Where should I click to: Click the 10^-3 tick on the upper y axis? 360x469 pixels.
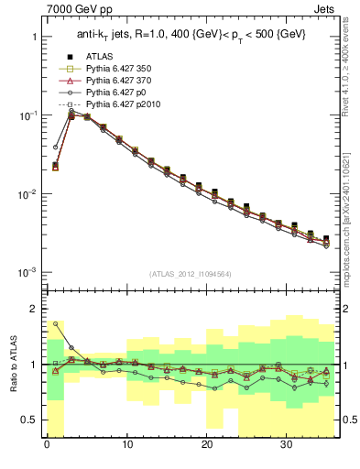(27, 273)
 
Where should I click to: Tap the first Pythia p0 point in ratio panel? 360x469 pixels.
(55, 323)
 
